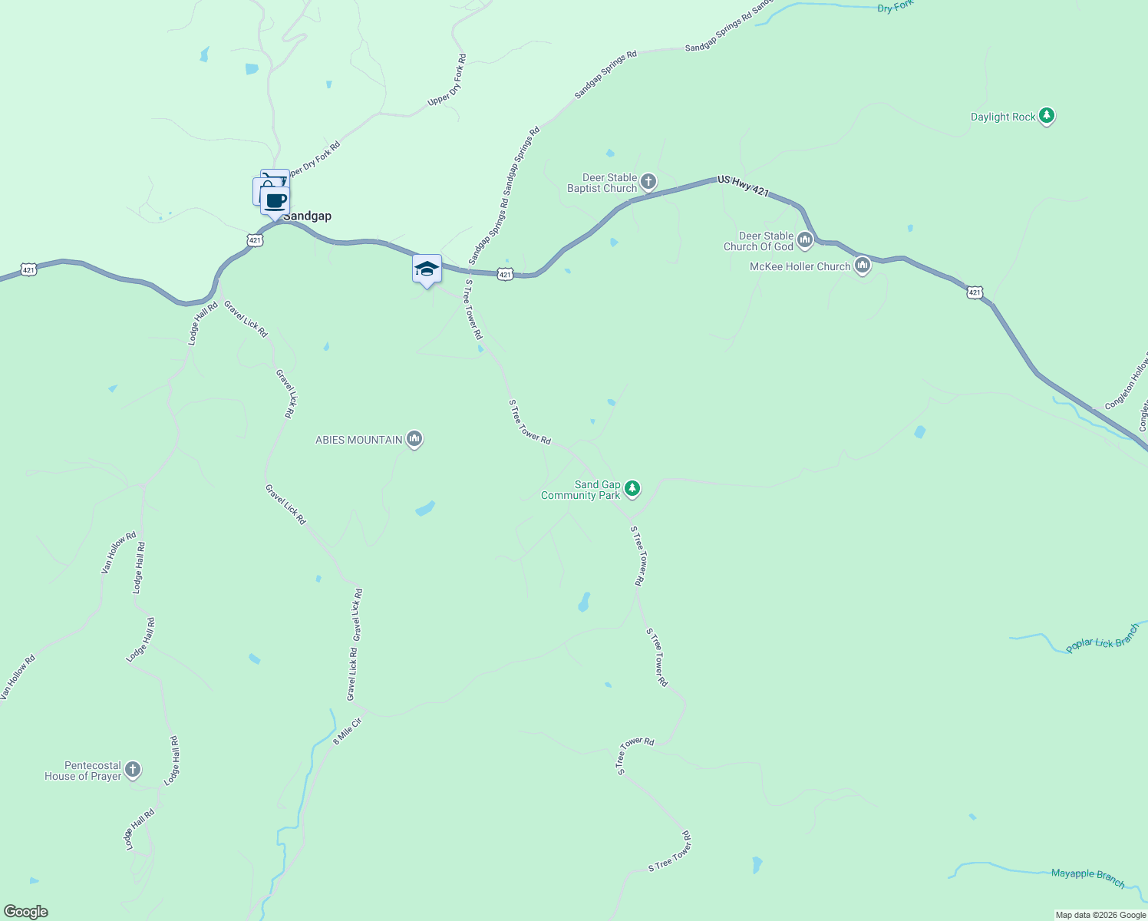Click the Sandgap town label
[307, 216]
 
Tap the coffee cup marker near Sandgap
[275, 201]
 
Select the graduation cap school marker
[427, 269]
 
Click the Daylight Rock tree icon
[1047, 117]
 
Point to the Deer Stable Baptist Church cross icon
[648, 182]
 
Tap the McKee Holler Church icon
[862, 266]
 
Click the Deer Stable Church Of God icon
[804, 241]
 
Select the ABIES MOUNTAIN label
[359, 440]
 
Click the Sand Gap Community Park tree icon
[632, 489]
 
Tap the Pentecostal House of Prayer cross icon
[133, 770]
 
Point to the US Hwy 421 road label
[743, 186]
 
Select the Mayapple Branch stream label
[1087, 877]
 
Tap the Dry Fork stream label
[895, 7]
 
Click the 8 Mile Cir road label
[347, 731]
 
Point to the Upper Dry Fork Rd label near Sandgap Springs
[446, 80]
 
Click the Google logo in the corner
[26, 912]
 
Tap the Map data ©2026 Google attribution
[1100, 915]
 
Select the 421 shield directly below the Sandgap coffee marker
[255, 240]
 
